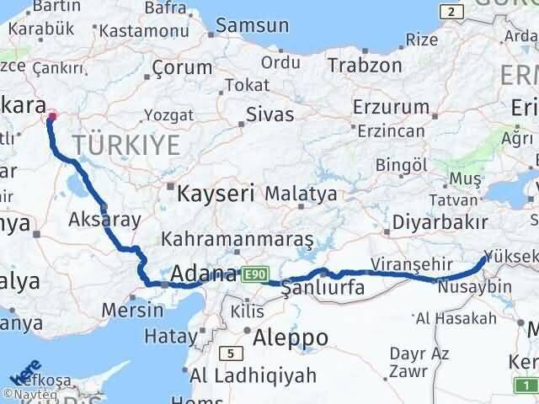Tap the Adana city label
click(203, 274)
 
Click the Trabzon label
click(365, 65)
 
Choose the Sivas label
click(269, 114)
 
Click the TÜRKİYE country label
click(125, 146)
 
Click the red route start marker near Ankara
click(52, 117)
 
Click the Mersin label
click(132, 310)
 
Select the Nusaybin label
click(474, 287)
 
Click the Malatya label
click(300, 194)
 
